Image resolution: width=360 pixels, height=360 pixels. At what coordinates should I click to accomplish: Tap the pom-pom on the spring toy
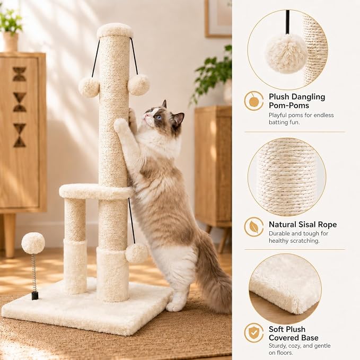[33, 243]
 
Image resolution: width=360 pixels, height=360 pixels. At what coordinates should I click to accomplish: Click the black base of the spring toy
[35, 295]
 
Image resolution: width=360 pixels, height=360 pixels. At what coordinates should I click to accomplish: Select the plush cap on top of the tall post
[115, 31]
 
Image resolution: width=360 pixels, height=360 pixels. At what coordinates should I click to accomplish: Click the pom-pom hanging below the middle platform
[137, 253]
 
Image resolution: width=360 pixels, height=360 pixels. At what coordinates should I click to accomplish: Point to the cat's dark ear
[179, 119]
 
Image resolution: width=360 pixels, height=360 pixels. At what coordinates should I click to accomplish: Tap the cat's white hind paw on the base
[174, 306]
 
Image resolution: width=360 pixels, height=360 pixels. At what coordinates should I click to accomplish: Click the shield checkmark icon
[254, 332]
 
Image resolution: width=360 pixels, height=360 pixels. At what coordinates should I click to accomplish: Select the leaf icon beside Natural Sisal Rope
[254, 227]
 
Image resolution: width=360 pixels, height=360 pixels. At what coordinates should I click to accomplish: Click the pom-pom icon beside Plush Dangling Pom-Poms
[254, 101]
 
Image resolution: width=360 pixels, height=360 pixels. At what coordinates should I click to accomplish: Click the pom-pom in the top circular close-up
[286, 54]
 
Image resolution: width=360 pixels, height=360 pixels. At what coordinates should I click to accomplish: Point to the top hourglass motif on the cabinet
[19, 74]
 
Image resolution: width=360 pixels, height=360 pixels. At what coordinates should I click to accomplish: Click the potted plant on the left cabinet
[10, 30]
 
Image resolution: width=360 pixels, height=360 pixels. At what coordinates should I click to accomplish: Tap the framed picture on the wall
[218, 19]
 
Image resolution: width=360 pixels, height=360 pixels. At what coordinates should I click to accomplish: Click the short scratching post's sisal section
[75, 219]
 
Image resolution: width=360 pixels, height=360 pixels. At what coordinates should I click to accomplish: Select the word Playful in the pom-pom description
[278, 115]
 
